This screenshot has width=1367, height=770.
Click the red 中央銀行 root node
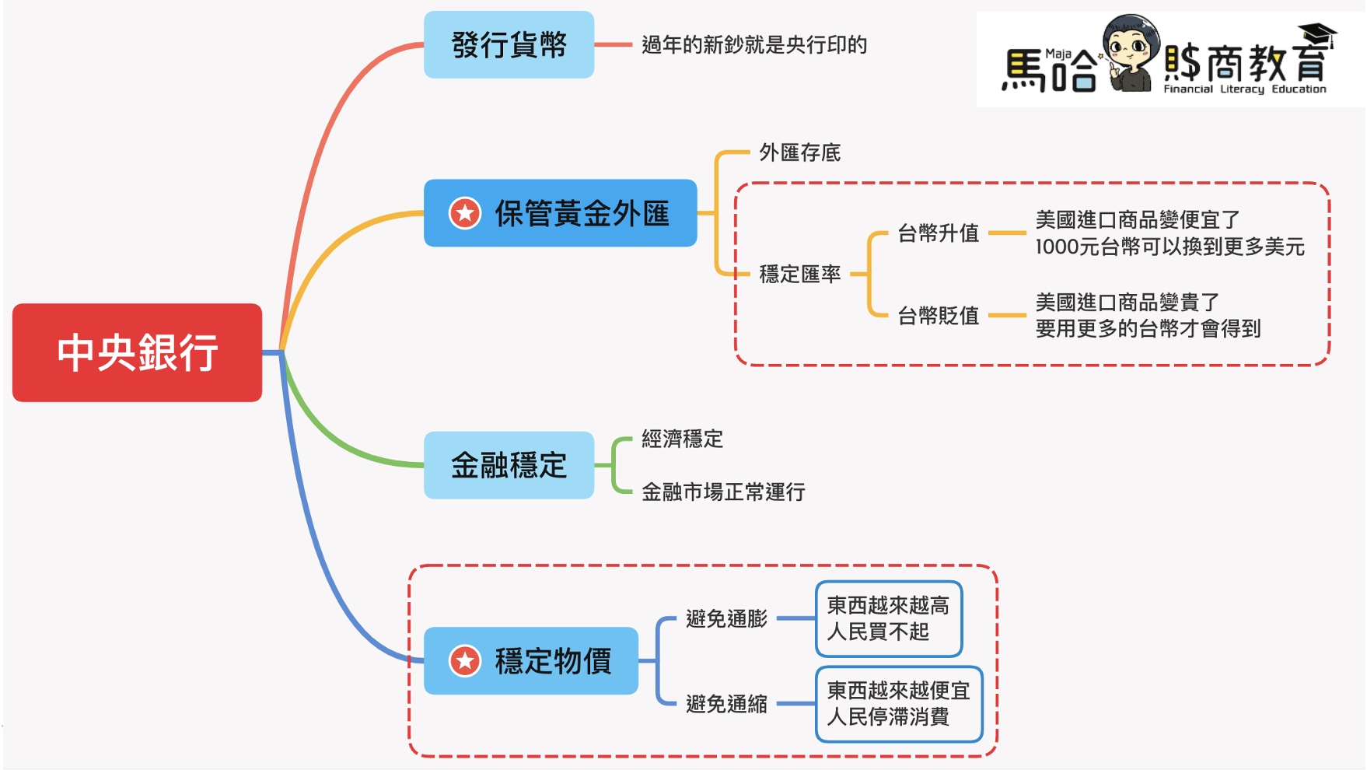pos(137,352)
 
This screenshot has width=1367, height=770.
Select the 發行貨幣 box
pos(509,45)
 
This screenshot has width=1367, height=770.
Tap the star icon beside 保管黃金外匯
pos(465,213)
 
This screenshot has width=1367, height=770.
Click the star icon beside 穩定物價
pos(465,661)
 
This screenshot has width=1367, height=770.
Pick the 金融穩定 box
pos(509,465)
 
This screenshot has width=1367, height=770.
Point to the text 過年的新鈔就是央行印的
pos(753,45)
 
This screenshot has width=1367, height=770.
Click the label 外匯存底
pos(799,152)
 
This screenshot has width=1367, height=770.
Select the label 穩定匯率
pos(799,274)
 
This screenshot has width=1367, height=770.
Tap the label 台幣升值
pos(938,233)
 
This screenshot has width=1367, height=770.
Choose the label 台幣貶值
pos(938,316)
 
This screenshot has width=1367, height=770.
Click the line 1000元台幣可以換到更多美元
pos(1169,247)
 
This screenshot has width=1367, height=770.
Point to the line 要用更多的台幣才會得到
pos(1148,329)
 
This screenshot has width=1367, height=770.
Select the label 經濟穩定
pos(682,439)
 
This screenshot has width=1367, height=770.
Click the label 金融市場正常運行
pos(723,492)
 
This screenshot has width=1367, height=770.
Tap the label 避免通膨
pos(726,619)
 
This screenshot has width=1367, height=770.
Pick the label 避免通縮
pos(726,704)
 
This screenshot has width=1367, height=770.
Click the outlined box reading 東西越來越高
pos(889,618)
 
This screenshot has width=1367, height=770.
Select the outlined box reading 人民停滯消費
pos(899,704)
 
